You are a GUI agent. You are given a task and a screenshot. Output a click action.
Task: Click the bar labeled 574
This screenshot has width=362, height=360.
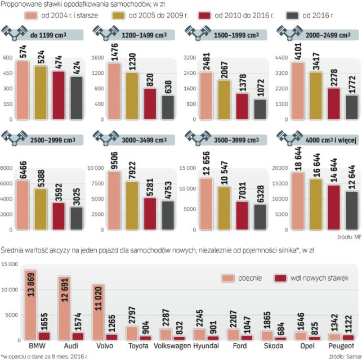23,90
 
